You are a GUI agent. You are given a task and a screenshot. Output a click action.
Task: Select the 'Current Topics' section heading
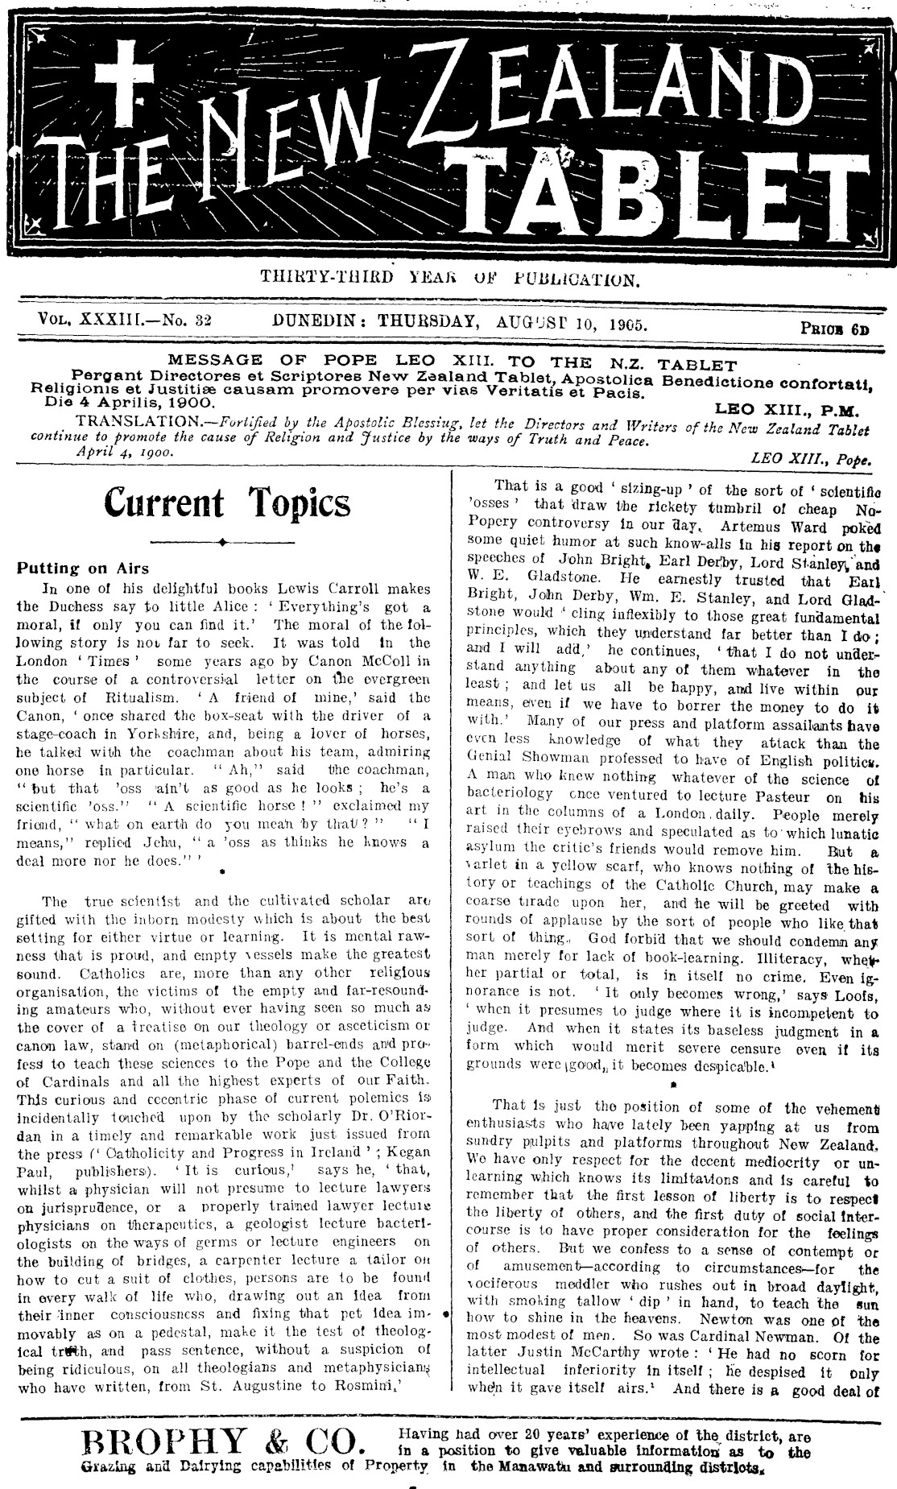tap(228, 503)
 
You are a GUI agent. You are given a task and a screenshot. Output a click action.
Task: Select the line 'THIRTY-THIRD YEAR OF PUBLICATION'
tap(449, 279)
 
